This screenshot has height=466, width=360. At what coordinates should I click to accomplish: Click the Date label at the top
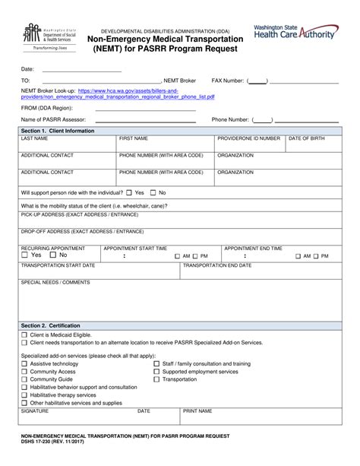27,69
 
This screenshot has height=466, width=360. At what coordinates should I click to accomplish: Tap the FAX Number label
227,80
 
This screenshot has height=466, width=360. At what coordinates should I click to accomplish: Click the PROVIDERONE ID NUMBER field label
248,138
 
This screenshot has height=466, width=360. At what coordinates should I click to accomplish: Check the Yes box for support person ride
129,193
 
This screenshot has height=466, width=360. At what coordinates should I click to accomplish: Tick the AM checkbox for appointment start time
178,257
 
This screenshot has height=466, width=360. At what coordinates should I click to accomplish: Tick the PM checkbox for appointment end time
316,257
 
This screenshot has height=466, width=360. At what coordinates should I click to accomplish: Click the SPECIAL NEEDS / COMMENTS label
55,282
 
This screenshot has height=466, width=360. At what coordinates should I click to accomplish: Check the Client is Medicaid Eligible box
24,335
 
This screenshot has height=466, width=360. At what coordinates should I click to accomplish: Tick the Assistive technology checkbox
24,364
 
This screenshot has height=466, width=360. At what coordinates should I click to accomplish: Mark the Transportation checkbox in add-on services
157,379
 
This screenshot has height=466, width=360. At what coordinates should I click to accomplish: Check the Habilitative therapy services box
24,395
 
